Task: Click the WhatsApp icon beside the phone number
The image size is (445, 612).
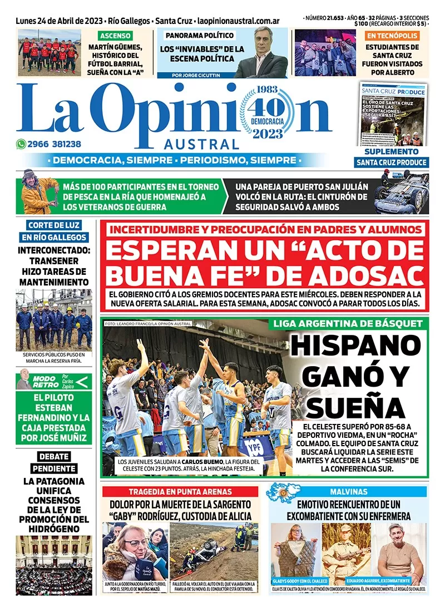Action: [x=22, y=144]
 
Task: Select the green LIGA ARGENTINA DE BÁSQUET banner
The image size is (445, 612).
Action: [x=348, y=324]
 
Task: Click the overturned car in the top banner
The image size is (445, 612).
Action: [x=399, y=195]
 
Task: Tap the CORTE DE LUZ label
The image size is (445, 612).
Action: [x=53, y=225]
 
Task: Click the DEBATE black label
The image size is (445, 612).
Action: [x=53, y=456]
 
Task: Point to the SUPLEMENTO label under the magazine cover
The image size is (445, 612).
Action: [x=391, y=151]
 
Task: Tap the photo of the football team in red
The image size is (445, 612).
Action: [x=48, y=52]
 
